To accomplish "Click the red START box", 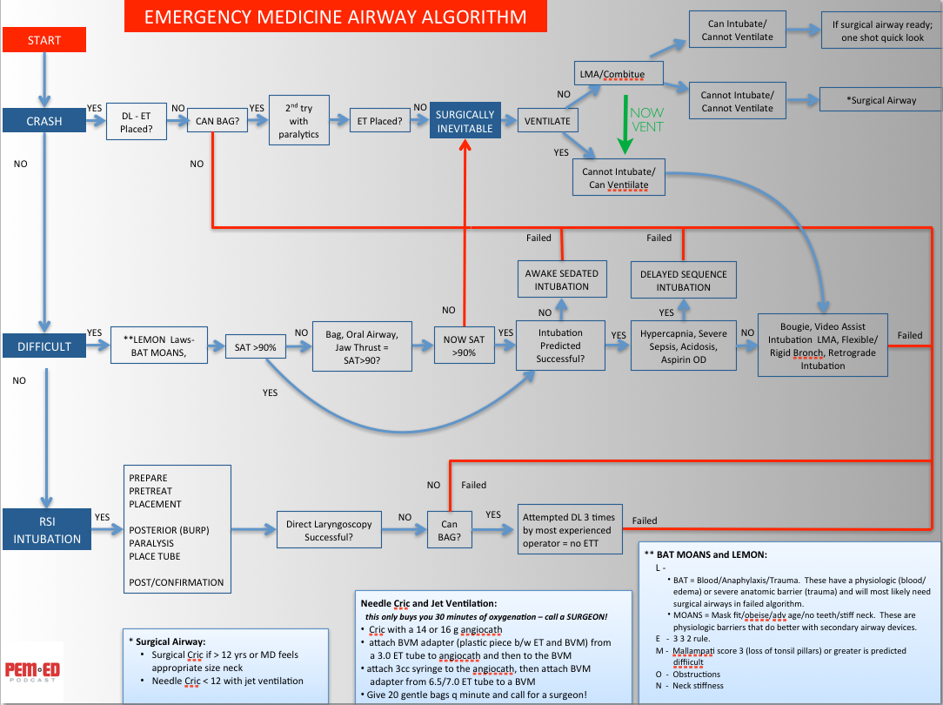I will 44,40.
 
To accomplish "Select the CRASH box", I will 44,121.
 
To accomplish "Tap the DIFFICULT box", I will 44,346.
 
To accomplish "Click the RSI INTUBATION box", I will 47,531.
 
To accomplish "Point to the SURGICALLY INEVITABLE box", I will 465,121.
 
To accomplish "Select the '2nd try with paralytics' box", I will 298,121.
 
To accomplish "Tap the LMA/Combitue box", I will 619,74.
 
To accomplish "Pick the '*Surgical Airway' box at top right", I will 880,100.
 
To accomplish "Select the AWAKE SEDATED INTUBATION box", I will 561,279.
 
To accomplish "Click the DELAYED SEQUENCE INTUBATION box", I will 683,279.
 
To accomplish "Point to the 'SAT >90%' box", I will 255,347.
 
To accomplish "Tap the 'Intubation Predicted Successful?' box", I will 560,346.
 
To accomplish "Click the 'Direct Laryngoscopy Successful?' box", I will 329,531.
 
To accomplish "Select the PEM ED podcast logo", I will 32,671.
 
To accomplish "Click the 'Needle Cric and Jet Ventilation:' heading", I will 429,602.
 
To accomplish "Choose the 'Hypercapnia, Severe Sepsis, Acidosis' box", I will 683,346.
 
